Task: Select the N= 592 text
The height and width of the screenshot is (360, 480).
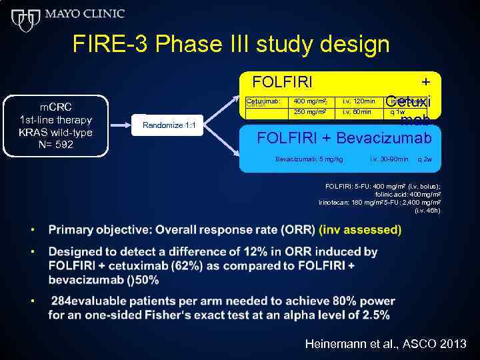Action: tap(56, 145)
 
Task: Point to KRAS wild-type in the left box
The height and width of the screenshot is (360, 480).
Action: tap(56, 132)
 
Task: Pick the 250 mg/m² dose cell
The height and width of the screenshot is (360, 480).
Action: tap(310, 112)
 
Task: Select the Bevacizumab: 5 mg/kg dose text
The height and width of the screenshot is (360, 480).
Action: tap(309, 159)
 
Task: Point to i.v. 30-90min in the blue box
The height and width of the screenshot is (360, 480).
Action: tap(390, 159)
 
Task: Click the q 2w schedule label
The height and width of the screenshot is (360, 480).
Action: tap(424, 159)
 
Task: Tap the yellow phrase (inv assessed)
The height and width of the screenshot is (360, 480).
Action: tap(360, 230)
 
